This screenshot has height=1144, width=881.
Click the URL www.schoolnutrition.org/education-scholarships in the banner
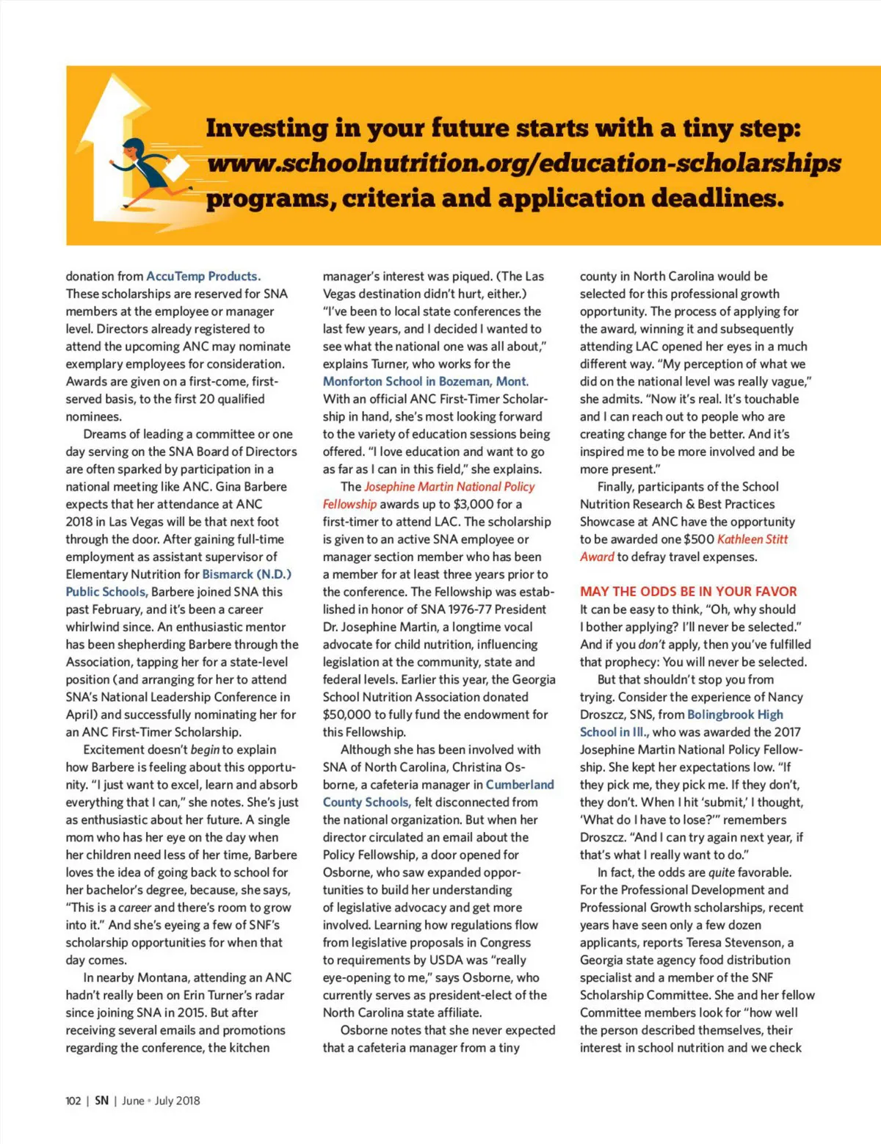pyautogui.click(x=523, y=163)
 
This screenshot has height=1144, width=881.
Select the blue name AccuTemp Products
pyautogui.click(x=203, y=276)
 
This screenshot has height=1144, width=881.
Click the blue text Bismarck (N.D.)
pyautogui.click(x=247, y=574)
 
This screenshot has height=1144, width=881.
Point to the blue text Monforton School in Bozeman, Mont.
pyautogui.click(x=426, y=381)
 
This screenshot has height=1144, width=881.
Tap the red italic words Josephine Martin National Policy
pyautogui.click(x=449, y=487)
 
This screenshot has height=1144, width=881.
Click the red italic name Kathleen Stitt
pyautogui.click(x=753, y=539)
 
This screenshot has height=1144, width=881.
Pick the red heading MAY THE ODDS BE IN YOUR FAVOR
pyautogui.click(x=688, y=591)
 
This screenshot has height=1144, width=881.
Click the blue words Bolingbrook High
pyautogui.click(x=735, y=714)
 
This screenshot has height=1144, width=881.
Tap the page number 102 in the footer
pyautogui.click(x=73, y=1101)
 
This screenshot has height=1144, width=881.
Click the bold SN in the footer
pyautogui.click(x=101, y=1101)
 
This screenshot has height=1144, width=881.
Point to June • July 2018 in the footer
pyautogui.click(x=161, y=1101)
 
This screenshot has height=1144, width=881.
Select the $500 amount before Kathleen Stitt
pyautogui.click(x=698, y=539)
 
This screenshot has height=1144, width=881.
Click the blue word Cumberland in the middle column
pyautogui.click(x=520, y=784)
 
